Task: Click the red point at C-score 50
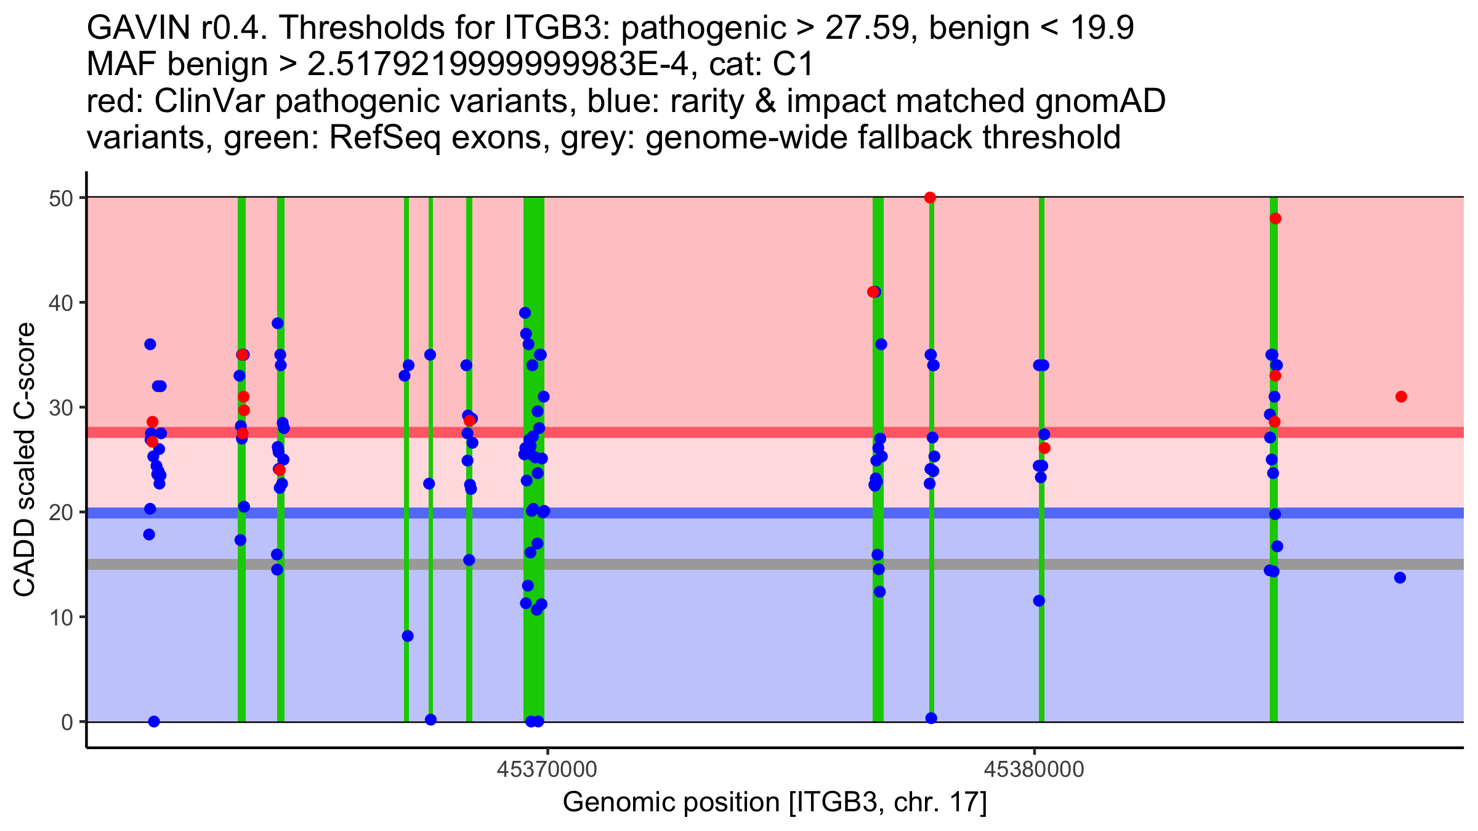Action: pyautogui.click(x=930, y=198)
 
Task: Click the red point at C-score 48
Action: pyautogui.click(x=1275, y=219)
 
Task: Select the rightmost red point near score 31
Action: pyautogui.click(x=1401, y=396)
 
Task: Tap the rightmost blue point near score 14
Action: pyautogui.click(x=1400, y=577)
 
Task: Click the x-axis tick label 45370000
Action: pyautogui.click(x=547, y=769)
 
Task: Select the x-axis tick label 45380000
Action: pyautogui.click(x=1034, y=769)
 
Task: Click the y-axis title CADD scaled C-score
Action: pyautogui.click(x=25, y=460)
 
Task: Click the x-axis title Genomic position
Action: pyautogui.click(x=774, y=803)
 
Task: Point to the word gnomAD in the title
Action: pyautogui.click(x=1100, y=102)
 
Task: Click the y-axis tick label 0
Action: pyautogui.click(x=67, y=722)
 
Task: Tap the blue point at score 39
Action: pyautogui.click(x=525, y=313)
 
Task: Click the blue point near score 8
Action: pyautogui.click(x=408, y=636)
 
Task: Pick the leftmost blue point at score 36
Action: pyautogui.click(x=150, y=344)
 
